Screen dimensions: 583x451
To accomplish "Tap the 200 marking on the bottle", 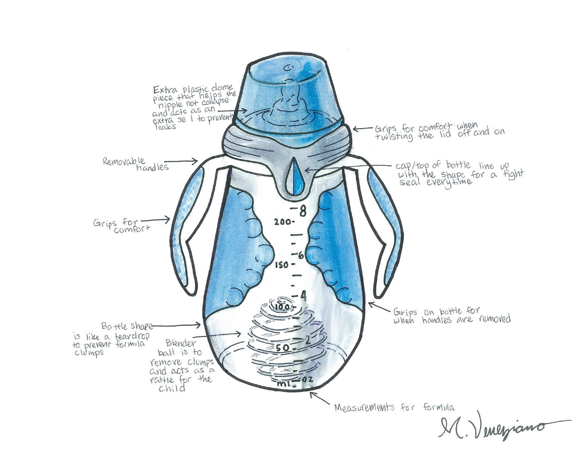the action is (x=282, y=222).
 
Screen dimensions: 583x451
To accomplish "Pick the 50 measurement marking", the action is (x=283, y=348).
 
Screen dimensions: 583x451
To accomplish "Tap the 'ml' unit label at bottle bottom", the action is (x=282, y=384).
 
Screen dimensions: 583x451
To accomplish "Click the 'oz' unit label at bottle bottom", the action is (x=307, y=380).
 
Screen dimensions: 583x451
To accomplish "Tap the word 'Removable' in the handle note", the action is (x=124, y=161).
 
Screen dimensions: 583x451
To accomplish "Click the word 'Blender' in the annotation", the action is (x=180, y=343).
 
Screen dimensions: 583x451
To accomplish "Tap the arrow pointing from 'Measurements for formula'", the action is (x=320, y=398).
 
